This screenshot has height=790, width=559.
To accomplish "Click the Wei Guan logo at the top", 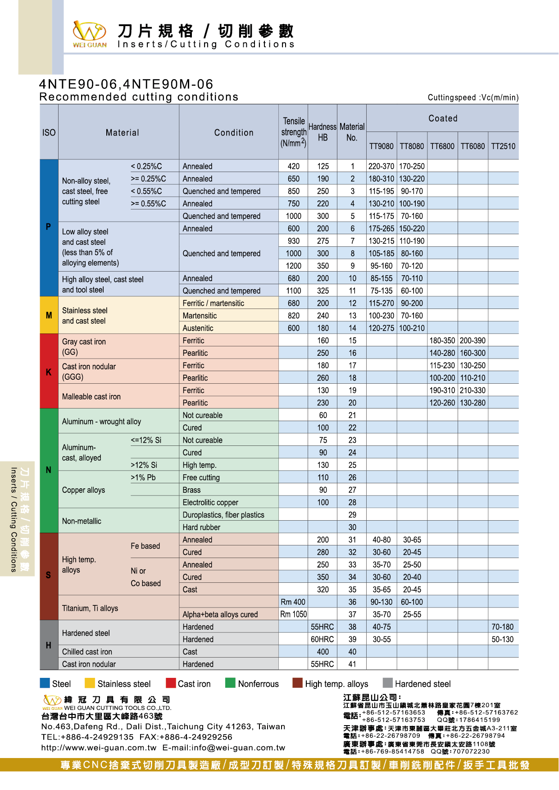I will pos(90,34).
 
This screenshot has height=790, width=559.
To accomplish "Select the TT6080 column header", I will pos(473,146).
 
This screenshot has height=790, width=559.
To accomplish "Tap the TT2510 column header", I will pos(503,146).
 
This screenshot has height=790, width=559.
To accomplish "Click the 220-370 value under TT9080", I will pos(381,166).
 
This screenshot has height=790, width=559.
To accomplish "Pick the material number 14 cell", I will pos(352,328).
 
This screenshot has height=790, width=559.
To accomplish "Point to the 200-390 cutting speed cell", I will pos(473,341).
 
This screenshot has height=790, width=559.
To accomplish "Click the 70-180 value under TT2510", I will pos(503,627).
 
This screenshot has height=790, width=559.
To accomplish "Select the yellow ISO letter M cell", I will pos(49,315).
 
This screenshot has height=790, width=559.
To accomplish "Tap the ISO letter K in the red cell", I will pos(49,372).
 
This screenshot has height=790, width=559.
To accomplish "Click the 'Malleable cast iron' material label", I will pos(91,397).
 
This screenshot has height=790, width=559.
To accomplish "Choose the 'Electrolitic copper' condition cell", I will pos(210,503).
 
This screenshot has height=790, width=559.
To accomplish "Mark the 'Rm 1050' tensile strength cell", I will pos(293,614).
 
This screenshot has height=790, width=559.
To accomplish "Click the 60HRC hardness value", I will pos(323,640).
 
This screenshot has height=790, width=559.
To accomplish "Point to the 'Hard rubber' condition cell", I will pos(201,527).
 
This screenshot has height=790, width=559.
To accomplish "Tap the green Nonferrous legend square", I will pos(230,683).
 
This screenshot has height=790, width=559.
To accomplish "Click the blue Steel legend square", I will pos(45,683).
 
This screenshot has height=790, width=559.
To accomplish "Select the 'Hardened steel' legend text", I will pos(423,684).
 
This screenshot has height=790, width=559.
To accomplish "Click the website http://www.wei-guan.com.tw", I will pos(99,748).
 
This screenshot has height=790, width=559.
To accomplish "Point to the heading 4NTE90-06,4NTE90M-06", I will pos(126,84).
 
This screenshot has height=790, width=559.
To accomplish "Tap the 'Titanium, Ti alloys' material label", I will pos(90,608).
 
